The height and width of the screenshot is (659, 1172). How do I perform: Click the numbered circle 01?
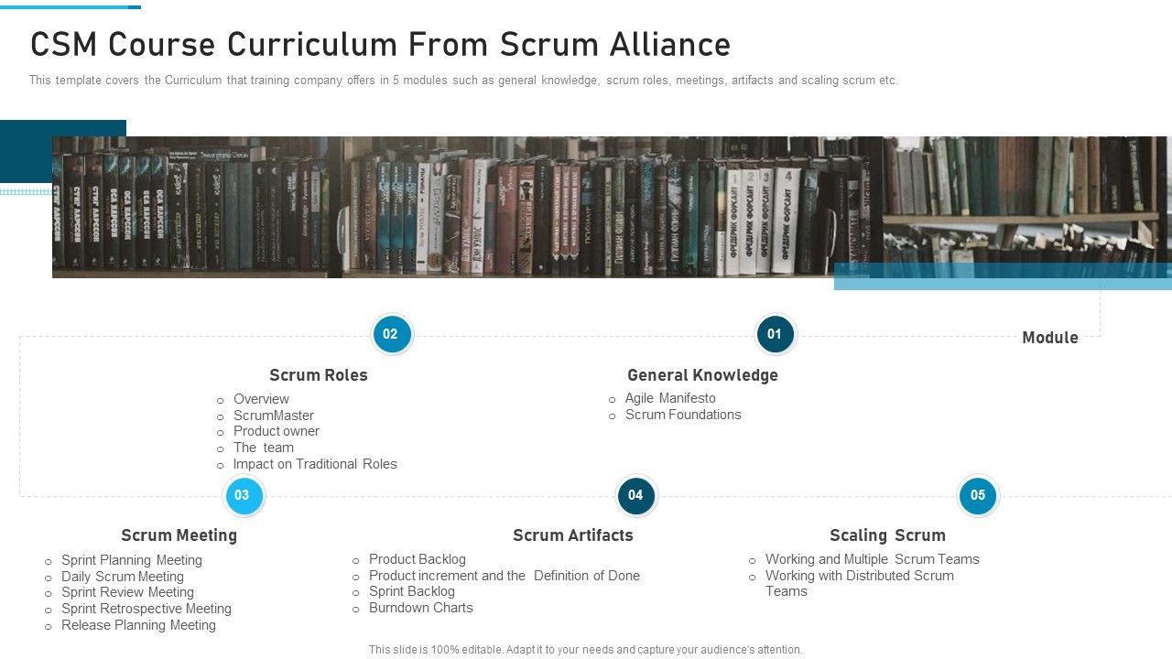775,334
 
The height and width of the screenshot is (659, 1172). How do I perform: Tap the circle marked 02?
391,334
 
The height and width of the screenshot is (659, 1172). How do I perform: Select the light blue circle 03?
242,496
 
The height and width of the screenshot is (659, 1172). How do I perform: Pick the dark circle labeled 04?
635,496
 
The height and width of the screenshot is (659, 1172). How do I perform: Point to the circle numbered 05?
978,496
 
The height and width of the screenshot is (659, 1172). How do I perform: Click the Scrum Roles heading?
319,375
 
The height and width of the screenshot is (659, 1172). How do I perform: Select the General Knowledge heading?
702,375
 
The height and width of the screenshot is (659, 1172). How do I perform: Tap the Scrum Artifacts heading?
573,535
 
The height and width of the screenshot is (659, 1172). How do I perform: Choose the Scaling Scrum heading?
887,535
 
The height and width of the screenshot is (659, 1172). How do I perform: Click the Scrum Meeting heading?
179,535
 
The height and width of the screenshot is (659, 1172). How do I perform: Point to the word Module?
1049,338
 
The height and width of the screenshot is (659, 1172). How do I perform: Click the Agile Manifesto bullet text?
670,398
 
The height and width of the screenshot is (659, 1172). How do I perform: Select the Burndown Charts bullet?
421,608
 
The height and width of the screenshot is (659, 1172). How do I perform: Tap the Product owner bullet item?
277,431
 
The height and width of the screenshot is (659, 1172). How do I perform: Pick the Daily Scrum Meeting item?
123,577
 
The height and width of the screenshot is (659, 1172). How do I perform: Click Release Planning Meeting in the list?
138,625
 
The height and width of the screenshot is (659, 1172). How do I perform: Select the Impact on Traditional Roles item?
315,464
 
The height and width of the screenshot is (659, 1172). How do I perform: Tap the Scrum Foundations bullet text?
683,415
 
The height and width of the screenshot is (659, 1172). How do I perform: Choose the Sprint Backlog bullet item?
412,591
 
